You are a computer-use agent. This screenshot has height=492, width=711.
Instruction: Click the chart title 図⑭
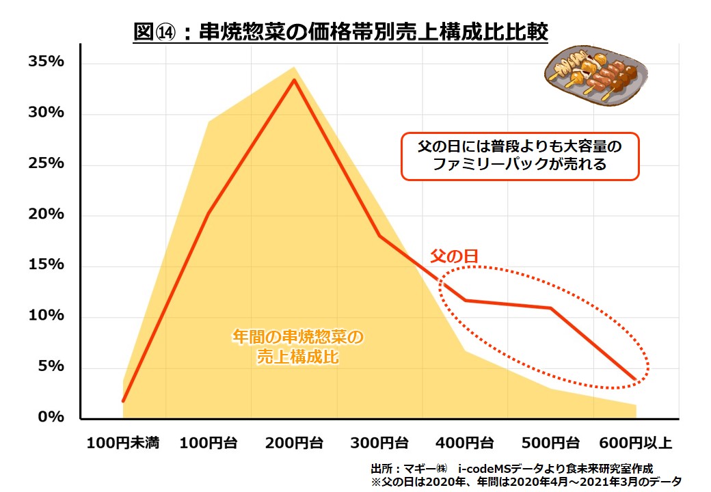click(340, 31)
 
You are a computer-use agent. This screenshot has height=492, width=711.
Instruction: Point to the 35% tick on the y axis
click(46, 62)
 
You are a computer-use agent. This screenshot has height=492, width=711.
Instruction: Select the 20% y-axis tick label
click(46, 215)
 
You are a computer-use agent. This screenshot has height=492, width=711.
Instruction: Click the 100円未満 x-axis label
click(123, 443)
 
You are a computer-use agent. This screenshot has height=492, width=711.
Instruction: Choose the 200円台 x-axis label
click(295, 443)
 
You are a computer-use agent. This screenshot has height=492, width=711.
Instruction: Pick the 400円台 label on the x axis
click(466, 443)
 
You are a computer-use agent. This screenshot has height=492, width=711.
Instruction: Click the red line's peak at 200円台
click(295, 80)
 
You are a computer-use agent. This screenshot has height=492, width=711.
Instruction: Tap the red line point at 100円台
click(209, 214)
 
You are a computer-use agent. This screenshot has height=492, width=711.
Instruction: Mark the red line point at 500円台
click(551, 308)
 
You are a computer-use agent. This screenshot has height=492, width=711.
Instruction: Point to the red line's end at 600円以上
click(636, 379)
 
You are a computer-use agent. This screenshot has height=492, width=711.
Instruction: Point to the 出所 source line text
click(511, 469)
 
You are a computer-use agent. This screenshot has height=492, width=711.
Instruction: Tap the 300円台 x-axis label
click(380, 443)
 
